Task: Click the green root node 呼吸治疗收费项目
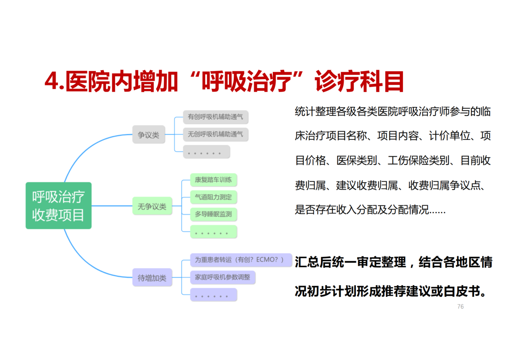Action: [58, 205]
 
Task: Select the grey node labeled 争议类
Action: [148, 135]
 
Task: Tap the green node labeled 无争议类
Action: [152, 206]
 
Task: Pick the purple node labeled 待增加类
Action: [152, 278]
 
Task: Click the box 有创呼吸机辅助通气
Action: [215, 117]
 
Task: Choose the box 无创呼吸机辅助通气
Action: [215, 134]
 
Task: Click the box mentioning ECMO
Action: [241, 260]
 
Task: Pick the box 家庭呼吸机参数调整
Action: [222, 277]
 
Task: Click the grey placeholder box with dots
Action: [206, 152]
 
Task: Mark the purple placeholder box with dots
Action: [213, 295]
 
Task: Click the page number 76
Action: [460, 307]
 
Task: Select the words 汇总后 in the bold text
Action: [311, 262]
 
